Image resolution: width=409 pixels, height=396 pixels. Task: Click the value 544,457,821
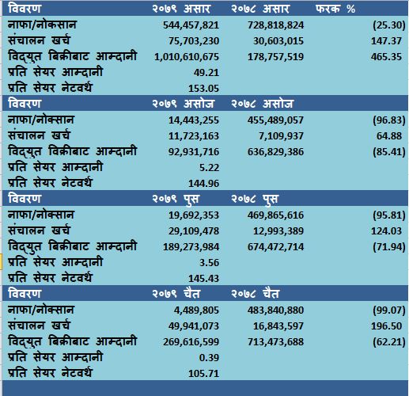(191, 25)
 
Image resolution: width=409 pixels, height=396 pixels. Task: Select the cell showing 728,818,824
(275, 25)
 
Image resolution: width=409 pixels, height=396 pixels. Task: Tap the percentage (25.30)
(389, 25)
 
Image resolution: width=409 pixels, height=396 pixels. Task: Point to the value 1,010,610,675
(187, 57)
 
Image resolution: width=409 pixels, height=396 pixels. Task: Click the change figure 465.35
(386, 57)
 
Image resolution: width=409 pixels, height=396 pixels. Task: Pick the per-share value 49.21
(206, 73)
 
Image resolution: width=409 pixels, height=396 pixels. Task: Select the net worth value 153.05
(203, 89)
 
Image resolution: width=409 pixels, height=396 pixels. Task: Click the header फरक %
(335, 9)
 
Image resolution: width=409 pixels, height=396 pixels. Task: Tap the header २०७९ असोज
(183, 104)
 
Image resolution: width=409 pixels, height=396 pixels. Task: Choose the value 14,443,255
(194, 120)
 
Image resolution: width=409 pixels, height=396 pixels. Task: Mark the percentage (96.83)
(389, 120)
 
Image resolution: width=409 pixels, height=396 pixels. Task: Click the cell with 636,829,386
(275, 152)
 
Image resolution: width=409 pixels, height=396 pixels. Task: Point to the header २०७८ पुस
(255, 199)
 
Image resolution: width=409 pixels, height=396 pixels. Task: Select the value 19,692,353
(194, 215)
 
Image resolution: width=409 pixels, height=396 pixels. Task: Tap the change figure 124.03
(386, 231)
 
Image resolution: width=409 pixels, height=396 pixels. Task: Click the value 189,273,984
(191, 247)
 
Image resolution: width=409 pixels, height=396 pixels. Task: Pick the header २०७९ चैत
(176, 294)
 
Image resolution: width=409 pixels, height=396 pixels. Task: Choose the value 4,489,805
(196, 310)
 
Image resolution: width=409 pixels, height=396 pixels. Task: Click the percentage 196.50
(386, 326)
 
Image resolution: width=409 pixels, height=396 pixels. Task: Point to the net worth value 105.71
(203, 374)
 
